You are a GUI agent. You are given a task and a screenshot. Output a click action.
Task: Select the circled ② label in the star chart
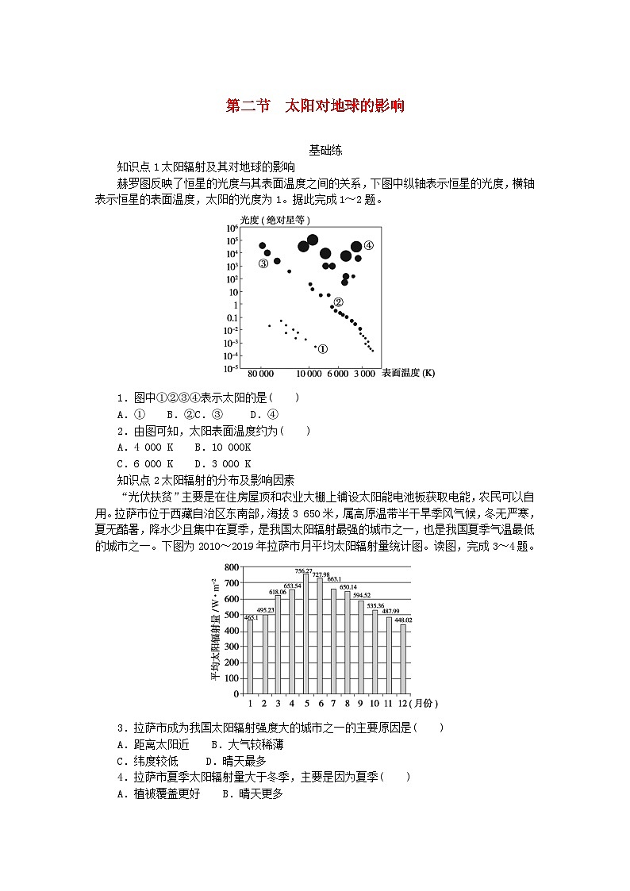click(338, 302)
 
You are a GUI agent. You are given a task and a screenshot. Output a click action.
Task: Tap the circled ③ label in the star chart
click(263, 264)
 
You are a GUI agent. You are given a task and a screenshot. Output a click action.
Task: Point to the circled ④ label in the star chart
click(368, 245)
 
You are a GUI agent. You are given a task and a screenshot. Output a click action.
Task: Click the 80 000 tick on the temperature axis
click(260, 373)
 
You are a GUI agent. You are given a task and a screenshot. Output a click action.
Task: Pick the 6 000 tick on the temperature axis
click(339, 373)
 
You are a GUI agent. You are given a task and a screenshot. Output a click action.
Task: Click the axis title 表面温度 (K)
click(408, 373)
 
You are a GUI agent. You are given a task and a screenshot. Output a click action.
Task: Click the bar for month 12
click(403, 659)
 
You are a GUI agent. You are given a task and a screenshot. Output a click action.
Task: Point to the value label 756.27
click(304, 570)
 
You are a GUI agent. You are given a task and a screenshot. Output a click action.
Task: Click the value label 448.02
click(404, 620)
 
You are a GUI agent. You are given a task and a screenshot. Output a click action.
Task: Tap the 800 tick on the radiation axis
click(232, 568)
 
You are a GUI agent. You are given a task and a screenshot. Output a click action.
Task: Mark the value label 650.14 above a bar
click(348, 587)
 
